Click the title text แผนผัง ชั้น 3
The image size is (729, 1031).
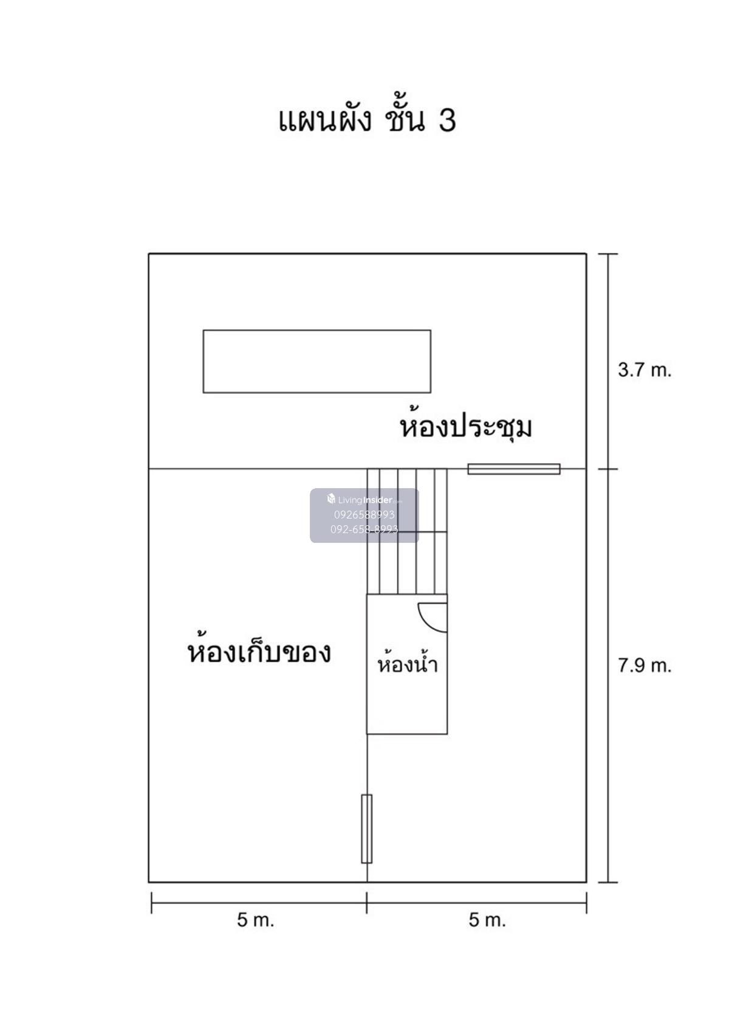click(366, 120)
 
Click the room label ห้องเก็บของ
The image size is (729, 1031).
click(259, 652)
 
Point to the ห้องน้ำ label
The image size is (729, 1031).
click(407, 664)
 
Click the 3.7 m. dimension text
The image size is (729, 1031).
click(645, 370)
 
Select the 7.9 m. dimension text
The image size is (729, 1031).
click(645, 666)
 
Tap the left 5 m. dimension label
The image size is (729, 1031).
click(255, 920)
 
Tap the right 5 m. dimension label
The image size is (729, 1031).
click(487, 920)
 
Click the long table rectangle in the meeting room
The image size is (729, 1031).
click(317, 361)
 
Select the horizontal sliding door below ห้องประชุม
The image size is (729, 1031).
click(513, 469)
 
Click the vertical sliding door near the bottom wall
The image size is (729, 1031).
click(366, 828)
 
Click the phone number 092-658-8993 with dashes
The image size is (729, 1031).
click(364, 529)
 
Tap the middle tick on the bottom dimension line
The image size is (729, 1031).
click(366, 903)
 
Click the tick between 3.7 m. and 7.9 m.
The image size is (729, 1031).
click(608, 469)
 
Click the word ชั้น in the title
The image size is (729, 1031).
click(404, 120)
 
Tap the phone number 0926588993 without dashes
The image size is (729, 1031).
click(364, 514)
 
